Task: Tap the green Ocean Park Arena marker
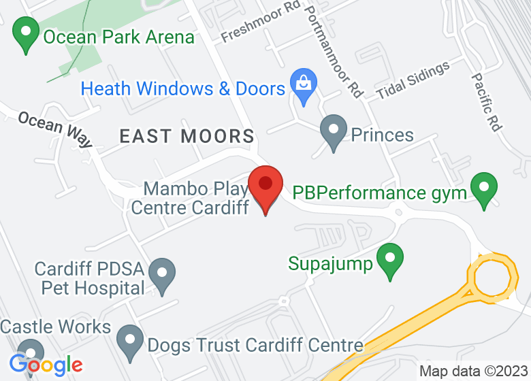point(26,35)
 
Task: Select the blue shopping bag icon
point(302,84)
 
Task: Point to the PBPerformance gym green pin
point(484,189)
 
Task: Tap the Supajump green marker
point(390,261)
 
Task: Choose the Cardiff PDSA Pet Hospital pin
point(162,274)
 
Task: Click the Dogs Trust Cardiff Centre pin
point(129,342)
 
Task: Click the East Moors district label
point(187,136)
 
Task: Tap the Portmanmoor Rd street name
point(334,51)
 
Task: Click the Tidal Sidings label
point(413,80)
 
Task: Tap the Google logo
point(46,365)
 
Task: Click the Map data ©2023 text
point(472,371)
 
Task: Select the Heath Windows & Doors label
point(182,88)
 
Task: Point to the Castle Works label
point(55,327)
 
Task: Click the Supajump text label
point(331,263)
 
